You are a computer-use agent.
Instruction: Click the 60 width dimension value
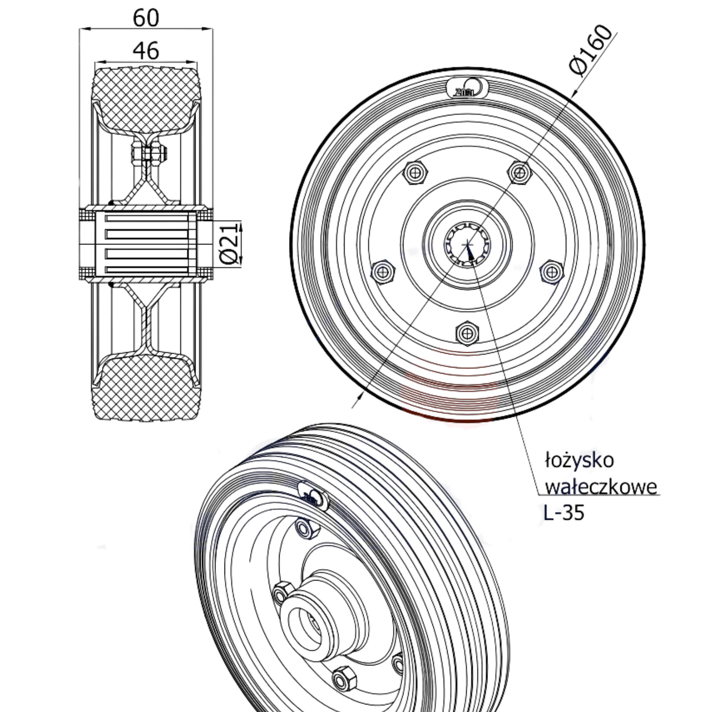(146, 18)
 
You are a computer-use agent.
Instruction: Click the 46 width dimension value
(146, 51)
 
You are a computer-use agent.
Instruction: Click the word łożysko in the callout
(579, 460)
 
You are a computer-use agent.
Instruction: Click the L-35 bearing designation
(564, 513)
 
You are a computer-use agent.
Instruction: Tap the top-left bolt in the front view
(415, 172)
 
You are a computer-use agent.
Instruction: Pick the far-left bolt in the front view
(383, 271)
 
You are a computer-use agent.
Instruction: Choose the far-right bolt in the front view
(551, 271)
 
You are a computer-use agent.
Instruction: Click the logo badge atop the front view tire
(466, 89)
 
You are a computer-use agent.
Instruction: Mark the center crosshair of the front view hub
(467, 244)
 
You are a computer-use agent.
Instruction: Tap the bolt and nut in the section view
(148, 154)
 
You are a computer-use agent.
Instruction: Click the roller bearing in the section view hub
(146, 243)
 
